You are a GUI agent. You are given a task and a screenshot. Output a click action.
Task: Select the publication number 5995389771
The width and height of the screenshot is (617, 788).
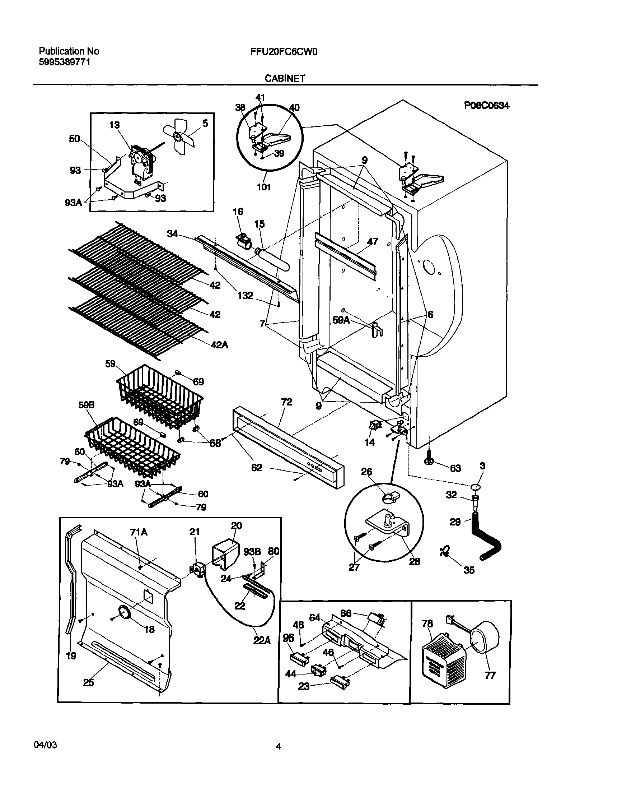pyautogui.click(x=64, y=62)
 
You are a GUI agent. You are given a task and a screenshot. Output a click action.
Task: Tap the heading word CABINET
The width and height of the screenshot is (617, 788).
pyautogui.click(x=285, y=78)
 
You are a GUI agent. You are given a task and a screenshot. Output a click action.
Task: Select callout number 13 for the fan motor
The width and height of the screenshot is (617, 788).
pyautogui.click(x=114, y=125)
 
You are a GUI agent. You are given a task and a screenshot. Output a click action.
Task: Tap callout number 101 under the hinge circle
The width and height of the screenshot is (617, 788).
pyautogui.click(x=264, y=187)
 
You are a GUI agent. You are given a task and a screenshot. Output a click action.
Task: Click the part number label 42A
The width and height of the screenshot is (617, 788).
pyautogui.click(x=220, y=345)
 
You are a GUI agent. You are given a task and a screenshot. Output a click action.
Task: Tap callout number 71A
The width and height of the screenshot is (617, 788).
pyautogui.click(x=139, y=532)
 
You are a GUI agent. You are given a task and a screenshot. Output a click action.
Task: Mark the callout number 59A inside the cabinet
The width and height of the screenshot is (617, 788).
pyautogui.click(x=341, y=320)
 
